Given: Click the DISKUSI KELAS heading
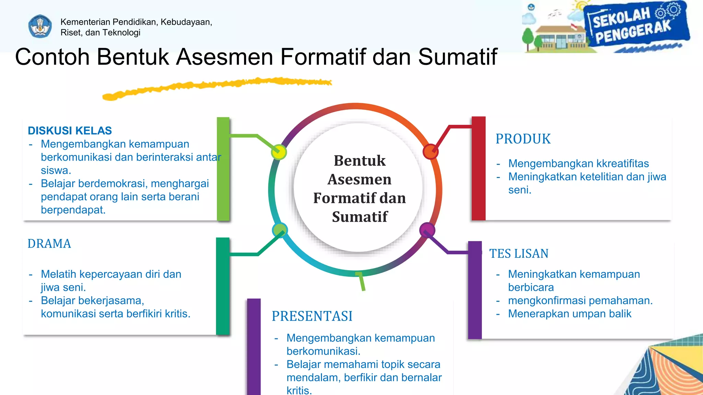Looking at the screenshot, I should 70,131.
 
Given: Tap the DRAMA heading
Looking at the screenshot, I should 49,244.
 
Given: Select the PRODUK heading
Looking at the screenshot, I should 523,139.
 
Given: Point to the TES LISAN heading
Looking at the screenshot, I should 519,254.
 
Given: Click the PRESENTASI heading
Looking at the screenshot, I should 312,316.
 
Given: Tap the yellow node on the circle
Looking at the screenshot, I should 279,152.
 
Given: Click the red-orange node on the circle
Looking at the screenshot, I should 430,152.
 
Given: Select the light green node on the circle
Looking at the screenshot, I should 280,230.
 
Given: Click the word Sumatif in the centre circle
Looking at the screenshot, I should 360,217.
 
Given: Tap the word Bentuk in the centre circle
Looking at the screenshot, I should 360,161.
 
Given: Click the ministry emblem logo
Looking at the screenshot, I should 40,26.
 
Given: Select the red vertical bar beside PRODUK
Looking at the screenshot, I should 479,168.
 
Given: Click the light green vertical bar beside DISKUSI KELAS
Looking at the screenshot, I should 223,169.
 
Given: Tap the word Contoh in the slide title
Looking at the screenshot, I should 52,57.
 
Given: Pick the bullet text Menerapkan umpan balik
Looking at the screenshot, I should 569,314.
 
